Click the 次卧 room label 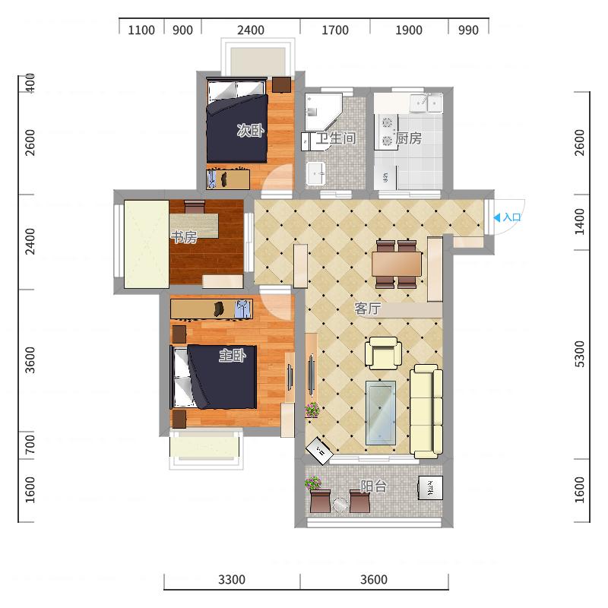(x=251, y=130)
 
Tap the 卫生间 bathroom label (x=336, y=138)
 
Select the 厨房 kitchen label (x=409, y=138)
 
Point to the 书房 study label (x=184, y=236)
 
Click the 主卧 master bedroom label (x=233, y=355)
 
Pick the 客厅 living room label (x=368, y=309)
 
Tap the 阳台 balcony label (x=374, y=486)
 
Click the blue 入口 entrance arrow (x=497, y=217)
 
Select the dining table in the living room (x=396, y=264)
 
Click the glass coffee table (x=381, y=413)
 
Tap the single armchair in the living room (x=383, y=353)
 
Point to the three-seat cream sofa (x=426, y=411)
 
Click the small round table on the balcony (x=340, y=505)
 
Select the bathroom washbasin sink (x=316, y=173)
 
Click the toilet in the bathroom (x=309, y=141)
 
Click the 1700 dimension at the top (x=335, y=30)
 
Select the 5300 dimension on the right (x=579, y=353)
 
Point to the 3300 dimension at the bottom (x=232, y=580)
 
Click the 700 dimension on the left (x=30, y=445)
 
